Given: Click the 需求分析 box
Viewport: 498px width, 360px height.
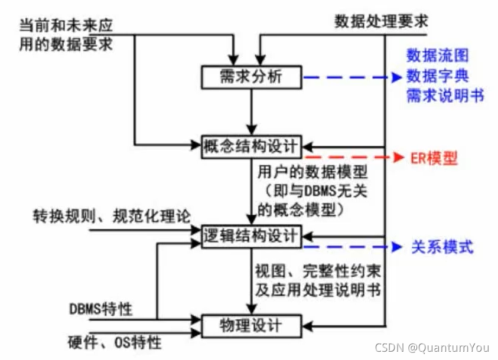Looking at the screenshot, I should coord(252,77).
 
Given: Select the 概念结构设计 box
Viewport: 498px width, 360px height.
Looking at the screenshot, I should coord(252,144).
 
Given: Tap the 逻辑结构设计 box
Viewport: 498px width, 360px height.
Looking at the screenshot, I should coord(252,235).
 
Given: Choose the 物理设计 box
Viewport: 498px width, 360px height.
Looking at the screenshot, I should coord(252,324).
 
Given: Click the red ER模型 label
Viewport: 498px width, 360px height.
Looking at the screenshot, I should coord(434,158).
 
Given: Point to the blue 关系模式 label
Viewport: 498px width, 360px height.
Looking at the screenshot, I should coord(442,247).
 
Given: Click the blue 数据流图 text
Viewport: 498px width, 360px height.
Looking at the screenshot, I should coord(437,56).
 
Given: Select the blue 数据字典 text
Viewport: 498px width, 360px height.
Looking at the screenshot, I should coord(437,76).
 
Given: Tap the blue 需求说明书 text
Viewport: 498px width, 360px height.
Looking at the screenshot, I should coord(445,96).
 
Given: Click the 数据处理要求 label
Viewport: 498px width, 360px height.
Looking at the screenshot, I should coord(381,22).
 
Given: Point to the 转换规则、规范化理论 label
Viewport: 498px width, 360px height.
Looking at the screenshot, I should coord(112,216).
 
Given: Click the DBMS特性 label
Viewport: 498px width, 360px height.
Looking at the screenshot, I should coord(101,308).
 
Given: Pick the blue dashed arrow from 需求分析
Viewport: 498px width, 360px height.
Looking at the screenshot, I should coord(349,77).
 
